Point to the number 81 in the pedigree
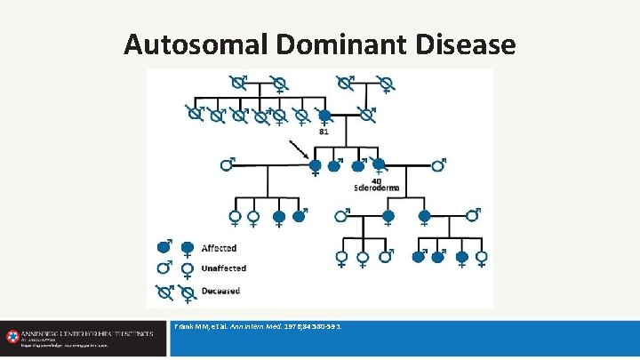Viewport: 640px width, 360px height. click(x=324, y=132)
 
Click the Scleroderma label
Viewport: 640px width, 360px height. click(x=379, y=188)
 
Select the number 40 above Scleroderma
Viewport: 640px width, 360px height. click(x=377, y=180)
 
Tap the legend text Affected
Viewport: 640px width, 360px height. click(x=219, y=248)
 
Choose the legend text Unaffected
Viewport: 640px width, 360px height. click(x=224, y=268)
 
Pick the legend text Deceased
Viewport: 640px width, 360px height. click(x=220, y=290)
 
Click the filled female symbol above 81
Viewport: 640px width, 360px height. click(x=324, y=116)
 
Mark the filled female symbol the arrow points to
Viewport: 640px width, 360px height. click(x=314, y=166)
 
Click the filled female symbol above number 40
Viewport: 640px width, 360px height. click(x=379, y=165)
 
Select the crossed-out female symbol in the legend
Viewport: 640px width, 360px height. click(x=187, y=292)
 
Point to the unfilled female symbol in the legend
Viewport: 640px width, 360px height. click(x=187, y=270)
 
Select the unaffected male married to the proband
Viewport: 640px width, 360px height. click(x=228, y=164)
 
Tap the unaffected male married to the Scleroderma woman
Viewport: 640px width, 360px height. click(x=438, y=164)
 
